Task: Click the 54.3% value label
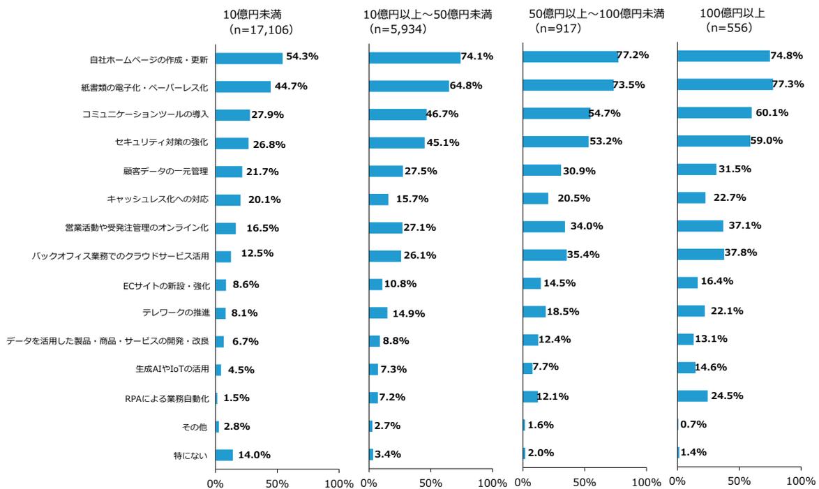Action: (301, 57)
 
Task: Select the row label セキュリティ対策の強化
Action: (162, 143)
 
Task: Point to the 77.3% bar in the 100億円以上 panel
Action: (725, 84)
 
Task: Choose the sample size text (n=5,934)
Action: (398, 29)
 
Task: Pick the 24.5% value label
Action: (726, 396)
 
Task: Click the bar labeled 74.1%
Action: (414, 58)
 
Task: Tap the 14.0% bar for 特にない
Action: (224, 455)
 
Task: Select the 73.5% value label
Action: (629, 84)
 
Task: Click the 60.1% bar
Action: (714, 112)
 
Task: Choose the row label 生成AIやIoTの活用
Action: (172, 370)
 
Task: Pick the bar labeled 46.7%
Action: (398, 114)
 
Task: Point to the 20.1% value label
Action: (264, 200)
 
